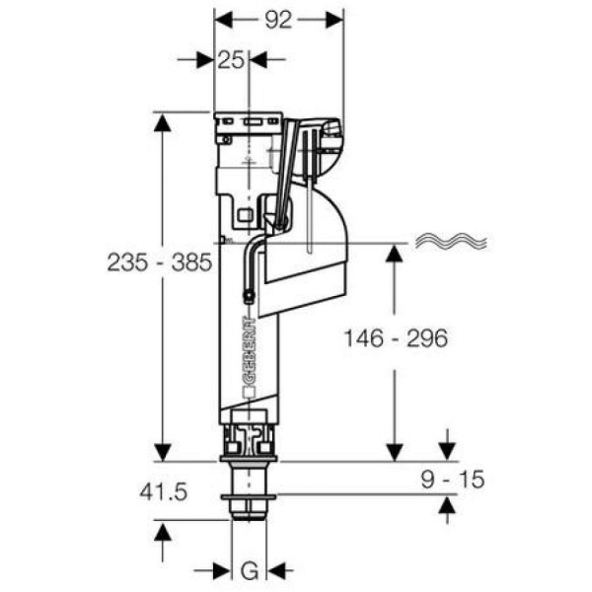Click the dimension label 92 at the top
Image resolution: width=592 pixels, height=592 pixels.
pyautogui.click(x=279, y=21)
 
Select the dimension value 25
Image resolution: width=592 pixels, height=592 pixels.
pyautogui.click(x=231, y=60)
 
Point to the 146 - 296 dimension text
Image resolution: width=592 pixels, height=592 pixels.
pyautogui.click(x=396, y=338)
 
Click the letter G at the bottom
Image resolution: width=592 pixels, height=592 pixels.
pyautogui.click(x=250, y=569)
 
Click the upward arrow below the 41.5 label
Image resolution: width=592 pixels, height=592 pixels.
pyautogui.click(x=162, y=531)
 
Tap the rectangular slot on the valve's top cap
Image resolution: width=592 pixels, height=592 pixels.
pyautogui.click(x=251, y=125)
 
